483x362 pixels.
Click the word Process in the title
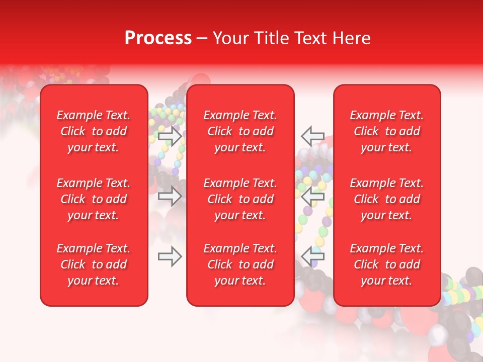(158, 38)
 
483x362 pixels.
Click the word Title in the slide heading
(270, 38)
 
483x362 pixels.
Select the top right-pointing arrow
(170, 136)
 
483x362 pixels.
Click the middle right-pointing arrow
(170, 196)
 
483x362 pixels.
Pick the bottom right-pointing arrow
(170, 257)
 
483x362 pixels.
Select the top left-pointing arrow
(312, 136)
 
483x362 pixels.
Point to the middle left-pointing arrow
(312, 196)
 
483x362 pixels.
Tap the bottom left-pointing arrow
(312, 256)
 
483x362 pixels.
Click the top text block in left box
(94, 131)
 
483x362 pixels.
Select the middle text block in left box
(94, 199)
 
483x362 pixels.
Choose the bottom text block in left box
(94, 264)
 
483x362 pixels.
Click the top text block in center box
(240, 131)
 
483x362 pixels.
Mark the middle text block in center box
(240, 199)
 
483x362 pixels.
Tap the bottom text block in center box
(240, 264)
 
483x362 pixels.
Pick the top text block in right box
(387, 131)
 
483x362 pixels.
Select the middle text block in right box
(387, 199)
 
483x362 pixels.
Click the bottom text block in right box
(387, 264)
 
